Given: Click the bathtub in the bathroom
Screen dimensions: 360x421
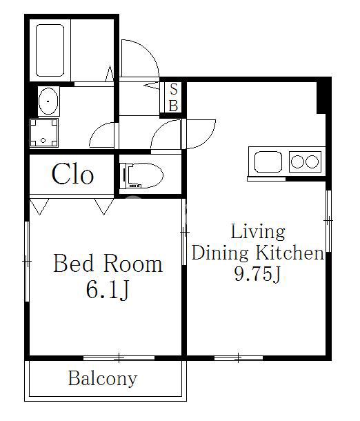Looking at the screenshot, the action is [x=50, y=50].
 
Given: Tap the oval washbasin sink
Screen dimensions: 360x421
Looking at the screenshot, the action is [x=48, y=101].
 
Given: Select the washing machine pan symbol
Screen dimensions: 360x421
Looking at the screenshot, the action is [x=43, y=133].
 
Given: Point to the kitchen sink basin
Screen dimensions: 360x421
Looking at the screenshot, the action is [x=268, y=162].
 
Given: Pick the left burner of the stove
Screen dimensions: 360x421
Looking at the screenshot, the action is [x=297, y=162].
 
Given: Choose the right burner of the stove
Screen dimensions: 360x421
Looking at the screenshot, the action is [x=312, y=162].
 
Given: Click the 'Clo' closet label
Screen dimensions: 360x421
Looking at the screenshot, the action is [x=72, y=174].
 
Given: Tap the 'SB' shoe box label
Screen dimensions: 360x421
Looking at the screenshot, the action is [x=174, y=97].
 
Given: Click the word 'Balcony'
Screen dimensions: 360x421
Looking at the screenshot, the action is [x=103, y=379].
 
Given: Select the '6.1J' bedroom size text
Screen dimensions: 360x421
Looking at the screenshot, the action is [x=108, y=290].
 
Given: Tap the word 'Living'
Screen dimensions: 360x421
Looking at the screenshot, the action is [x=258, y=232].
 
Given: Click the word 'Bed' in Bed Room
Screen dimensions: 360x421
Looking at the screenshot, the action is [x=74, y=264].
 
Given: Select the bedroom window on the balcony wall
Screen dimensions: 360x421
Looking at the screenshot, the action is [x=119, y=358].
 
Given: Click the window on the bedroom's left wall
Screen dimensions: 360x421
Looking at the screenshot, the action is [x=27, y=262].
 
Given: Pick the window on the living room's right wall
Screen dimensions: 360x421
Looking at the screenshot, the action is [x=328, y=221].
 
